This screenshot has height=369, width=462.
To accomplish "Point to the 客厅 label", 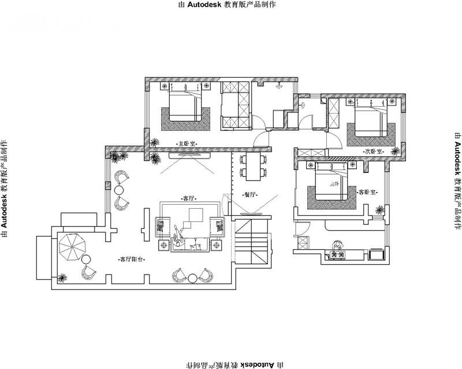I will click(189, 198).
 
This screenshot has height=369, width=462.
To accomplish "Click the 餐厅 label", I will click(249, 194).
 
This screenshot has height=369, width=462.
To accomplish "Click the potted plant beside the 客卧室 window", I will click(379, 209).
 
